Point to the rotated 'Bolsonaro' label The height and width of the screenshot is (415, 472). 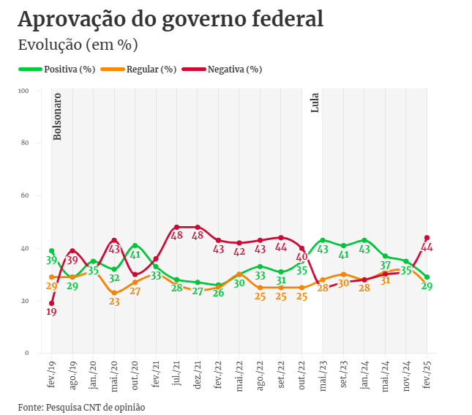click(58, 116)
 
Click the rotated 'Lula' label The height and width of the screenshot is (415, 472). click(315, 102)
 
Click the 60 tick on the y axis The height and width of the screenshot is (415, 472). click(24, 195)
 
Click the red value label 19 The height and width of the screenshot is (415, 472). click(51, 312)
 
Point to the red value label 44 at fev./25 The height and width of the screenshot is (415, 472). click(427, 247)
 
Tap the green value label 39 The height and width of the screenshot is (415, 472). click(51, 260)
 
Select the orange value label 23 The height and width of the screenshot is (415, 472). click(114, 302)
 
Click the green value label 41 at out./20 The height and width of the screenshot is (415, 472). click(135, 255)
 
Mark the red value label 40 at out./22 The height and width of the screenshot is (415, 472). click(301, 257)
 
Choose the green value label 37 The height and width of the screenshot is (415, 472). click(386, 266)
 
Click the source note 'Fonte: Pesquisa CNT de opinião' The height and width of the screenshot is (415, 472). click(81, 406)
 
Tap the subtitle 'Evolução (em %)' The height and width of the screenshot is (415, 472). click(78, 45)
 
